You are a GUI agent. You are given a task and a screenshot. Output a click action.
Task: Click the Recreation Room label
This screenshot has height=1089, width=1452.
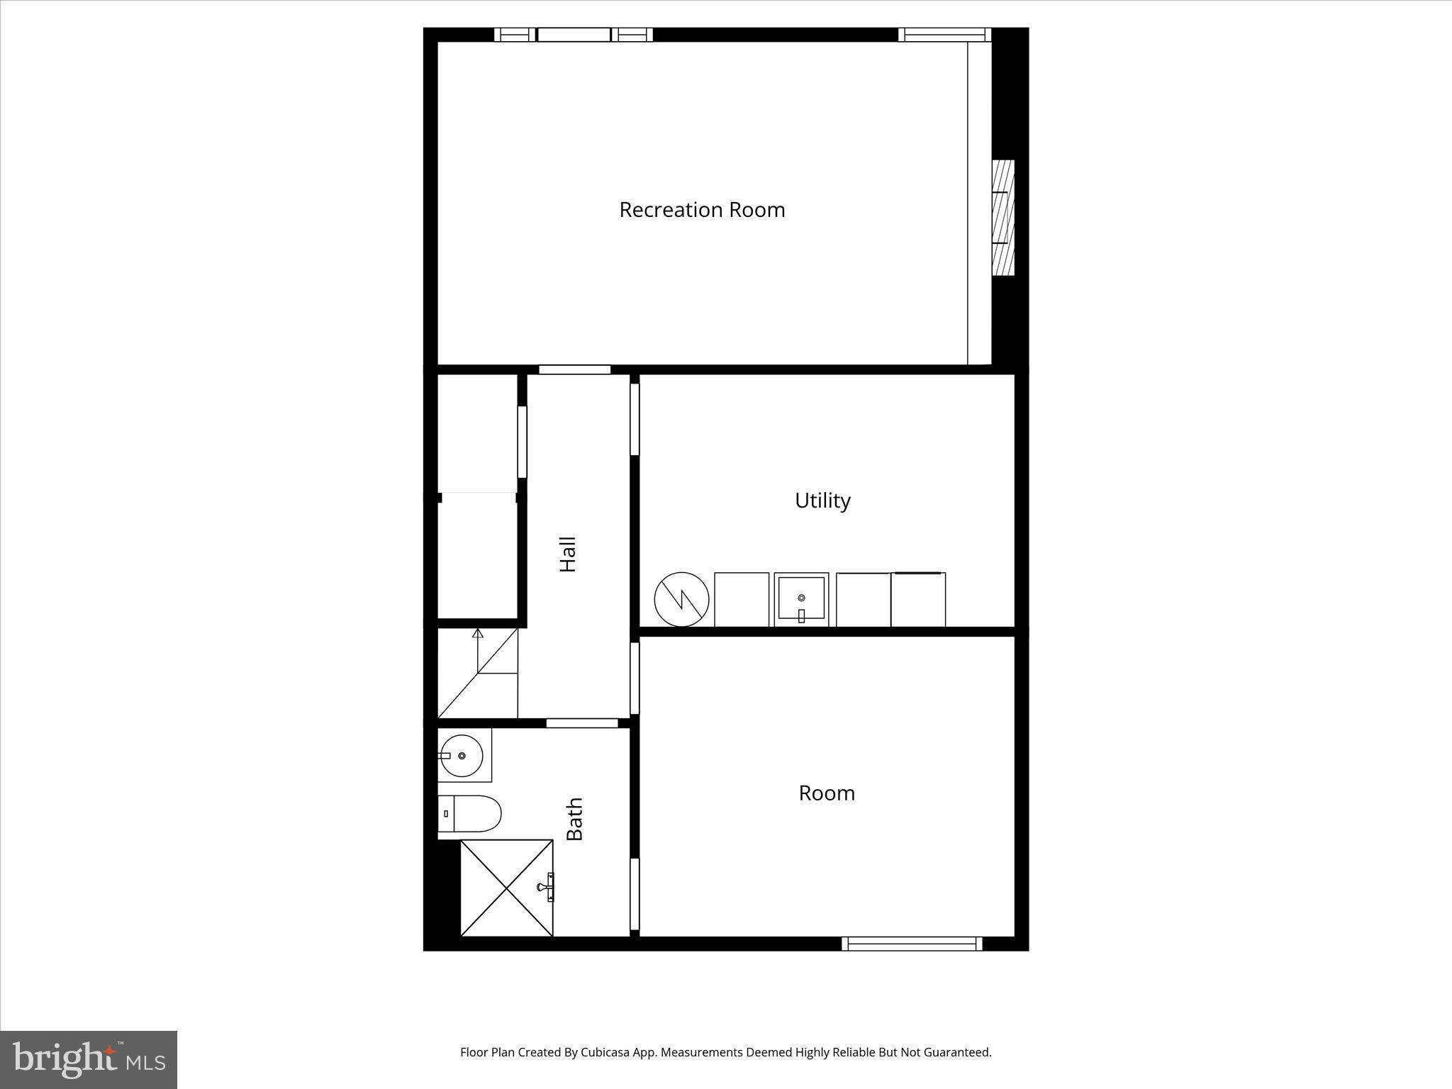tap(702, 210)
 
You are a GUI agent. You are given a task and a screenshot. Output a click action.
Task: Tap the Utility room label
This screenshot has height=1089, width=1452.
tap(822, 501)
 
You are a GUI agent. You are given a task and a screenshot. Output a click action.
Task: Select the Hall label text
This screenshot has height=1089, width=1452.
tap(568, 554)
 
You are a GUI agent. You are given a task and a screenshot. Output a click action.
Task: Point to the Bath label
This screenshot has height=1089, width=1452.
tap(574, 819)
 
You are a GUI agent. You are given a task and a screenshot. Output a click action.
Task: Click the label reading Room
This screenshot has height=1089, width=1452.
tap(827, 793)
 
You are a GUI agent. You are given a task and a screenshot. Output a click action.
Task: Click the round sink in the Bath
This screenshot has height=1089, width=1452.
tap(462, 756)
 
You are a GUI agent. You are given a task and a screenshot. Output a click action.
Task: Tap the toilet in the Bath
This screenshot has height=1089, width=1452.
tap(471, 813)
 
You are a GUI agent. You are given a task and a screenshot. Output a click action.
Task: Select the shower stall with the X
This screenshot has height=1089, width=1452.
tap(506, 888)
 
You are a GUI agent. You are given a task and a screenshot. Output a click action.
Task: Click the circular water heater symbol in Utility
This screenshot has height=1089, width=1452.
tap(681, 600)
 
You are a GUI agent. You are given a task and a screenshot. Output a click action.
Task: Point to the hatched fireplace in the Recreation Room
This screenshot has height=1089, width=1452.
tap(1003, 218)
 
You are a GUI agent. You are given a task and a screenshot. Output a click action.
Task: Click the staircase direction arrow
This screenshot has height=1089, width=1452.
tap(478, 633)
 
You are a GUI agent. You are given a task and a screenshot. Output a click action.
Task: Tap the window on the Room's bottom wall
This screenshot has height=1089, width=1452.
tap(912, 944)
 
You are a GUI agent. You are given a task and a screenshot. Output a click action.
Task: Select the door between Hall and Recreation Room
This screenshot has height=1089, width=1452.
tap(574, 369)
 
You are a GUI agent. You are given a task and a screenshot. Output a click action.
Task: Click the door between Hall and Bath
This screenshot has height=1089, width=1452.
tap(581, 723)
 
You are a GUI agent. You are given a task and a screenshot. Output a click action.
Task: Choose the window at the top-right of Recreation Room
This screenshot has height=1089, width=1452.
tap(944, 35)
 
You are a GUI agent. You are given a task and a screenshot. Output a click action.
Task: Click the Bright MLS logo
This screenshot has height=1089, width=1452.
tap(89, 1059)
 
